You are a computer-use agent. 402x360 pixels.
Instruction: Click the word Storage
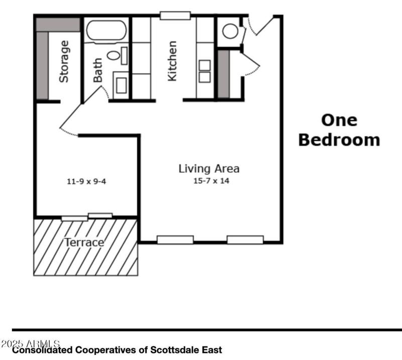[x=64, y=62]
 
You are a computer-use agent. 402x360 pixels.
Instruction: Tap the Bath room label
[x=97, y=70]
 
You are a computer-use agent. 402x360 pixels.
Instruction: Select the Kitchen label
[x=172, y=61]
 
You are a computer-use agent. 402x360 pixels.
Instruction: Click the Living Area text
[x=209, y=169]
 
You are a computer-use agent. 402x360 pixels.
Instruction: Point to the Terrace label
[x=84, y=243]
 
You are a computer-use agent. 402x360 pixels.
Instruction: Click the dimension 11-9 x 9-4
[x=86, y=181]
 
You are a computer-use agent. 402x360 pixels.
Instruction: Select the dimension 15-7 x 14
[x=211, y=181]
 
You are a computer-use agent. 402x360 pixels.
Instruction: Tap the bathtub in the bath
[x=106, y=30]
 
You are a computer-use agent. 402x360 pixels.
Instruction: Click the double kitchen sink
[x=205, y=71]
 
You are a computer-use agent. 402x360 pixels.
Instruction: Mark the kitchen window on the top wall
[x=175, y=15]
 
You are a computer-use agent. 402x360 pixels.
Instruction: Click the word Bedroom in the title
[x=339, y=140]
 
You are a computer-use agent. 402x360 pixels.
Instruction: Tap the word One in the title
[x=339, y=120]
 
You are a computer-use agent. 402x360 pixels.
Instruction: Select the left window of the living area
[x=175, y=239]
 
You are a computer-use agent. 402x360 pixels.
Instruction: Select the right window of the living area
[x=245, y=239]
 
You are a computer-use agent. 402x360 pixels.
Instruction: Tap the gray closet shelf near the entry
[x=223, y=74]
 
